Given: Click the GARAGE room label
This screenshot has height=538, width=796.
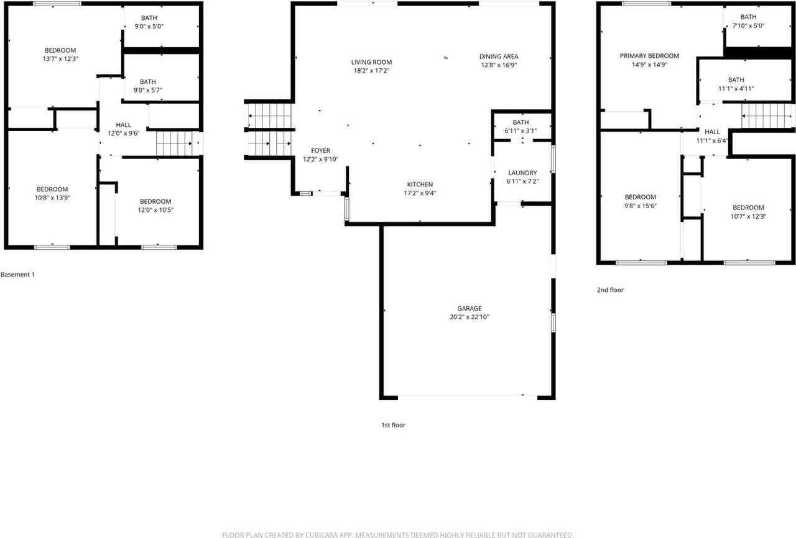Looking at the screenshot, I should pyautogui.click(x=470, y=308).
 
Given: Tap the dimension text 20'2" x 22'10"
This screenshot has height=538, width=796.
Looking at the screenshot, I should pyautogui.click(x=470, y=317).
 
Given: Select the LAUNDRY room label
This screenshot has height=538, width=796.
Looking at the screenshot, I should pyautogui.click(x=522, y=173).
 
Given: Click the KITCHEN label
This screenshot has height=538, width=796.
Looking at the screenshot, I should pyautogui.click(x=420, y=185).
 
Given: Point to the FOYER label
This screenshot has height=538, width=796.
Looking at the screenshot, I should pyautogui.click(x=321, y=150).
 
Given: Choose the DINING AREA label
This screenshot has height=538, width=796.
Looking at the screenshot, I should pyautogui.click(x=498, y=57).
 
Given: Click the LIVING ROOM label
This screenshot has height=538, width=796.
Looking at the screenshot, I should pyautogui.click(x=371, y=62).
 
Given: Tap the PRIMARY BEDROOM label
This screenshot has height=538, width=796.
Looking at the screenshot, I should pyautogui.click(x=649, y=56).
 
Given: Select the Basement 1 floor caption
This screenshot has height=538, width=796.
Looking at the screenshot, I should pyautogui.click(x=17, y=274).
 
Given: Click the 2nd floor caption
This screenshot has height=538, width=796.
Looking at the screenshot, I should pyautogui.click(x=609, y=290).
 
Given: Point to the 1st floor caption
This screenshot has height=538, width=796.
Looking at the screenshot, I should pyautogui.click(x=393, y=425).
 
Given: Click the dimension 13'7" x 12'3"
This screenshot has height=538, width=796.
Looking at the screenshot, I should pyautogui.click(x=60, y=58).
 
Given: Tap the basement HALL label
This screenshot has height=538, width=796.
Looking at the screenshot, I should pyautogui.click(x=123, y=125).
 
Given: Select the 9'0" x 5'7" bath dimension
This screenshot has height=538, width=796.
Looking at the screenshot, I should pyautogui.click(x=148, y=90).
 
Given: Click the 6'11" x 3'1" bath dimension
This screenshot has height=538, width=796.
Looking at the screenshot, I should pyautogui.click(x=521, y=130).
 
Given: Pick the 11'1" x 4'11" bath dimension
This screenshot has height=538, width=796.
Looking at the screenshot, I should pyautogui.click(x=736, y=88).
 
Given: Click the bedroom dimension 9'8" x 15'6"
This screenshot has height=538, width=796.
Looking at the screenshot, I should pyautogui.click(x=641, y=206).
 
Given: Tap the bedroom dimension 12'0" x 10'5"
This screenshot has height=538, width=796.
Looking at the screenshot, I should pyautogui.click(x=155, y=210).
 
